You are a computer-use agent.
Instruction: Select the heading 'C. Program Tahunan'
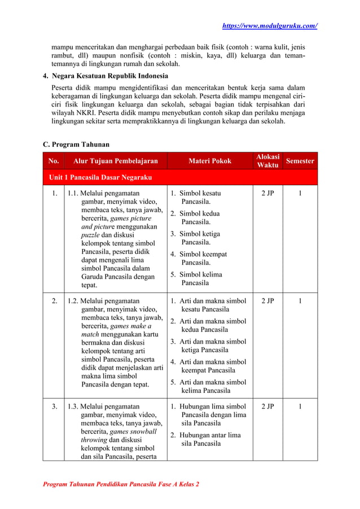[x=76, y=144]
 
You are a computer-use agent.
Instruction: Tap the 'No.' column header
[x=54, y=161]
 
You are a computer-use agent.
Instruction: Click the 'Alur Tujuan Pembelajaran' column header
[x=115, y=161]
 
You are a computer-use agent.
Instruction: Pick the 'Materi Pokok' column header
[x=209, y=161]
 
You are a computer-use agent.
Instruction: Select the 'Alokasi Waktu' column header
[x=267, y=161]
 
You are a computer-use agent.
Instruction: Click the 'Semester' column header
[x=300, y=161]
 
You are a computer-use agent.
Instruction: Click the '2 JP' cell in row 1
[x=267, y=193]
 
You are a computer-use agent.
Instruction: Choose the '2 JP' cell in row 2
[x=267, y=301]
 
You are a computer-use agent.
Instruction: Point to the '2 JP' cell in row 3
[x=267, y=406]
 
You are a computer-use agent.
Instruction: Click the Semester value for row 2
[x=300, y=301]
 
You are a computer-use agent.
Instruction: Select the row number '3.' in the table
[x=54, y=406]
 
